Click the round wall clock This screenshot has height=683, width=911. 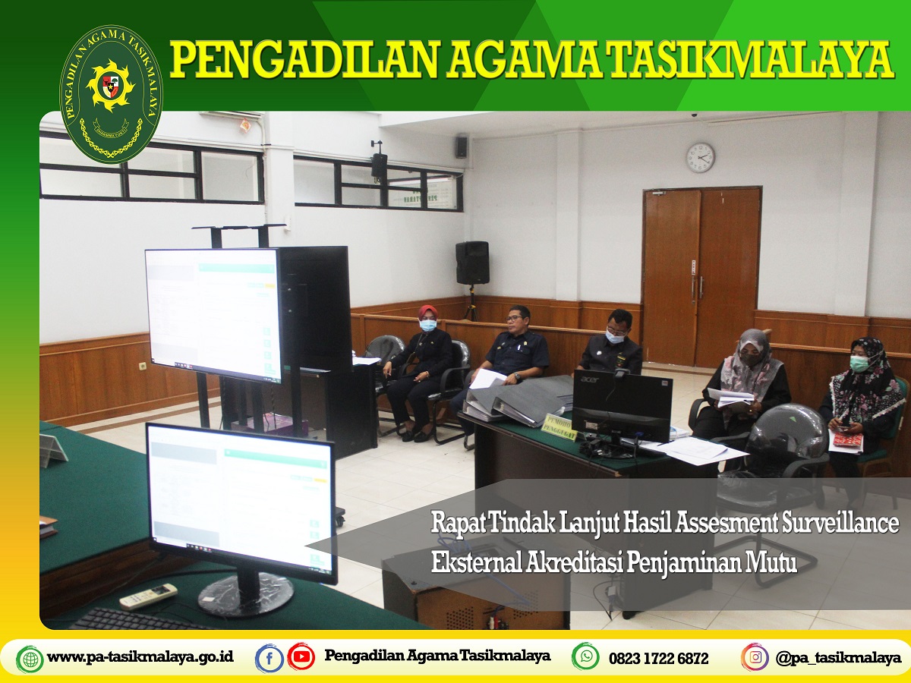(x=700, y=157)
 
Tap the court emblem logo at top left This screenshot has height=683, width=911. (x=111, y=94)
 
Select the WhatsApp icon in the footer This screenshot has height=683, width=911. (x=585, y=656)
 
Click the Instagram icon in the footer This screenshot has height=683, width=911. (x=755, y=656)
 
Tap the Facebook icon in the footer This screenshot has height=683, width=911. (x=269, y=657)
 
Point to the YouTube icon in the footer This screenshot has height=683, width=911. (x=301, y=656)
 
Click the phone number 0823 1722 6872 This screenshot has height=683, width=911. (x=658, y=658)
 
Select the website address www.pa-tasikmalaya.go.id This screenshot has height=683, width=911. (x=140, y=657)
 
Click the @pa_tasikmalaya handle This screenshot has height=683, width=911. (x=838, y=658)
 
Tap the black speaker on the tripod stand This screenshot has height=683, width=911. (x=472, y=263)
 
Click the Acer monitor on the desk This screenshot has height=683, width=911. (x=622, y=406)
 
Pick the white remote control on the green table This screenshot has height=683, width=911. (x=148, y=596)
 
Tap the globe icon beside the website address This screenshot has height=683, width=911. (x=30, y=658)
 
